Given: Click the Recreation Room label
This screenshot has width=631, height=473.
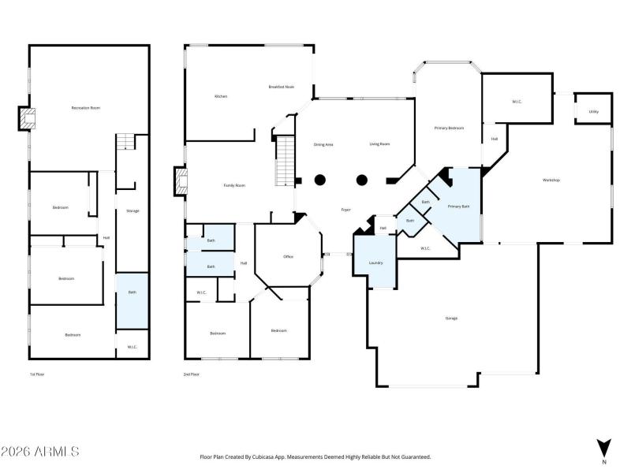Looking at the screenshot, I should tap(86, 107).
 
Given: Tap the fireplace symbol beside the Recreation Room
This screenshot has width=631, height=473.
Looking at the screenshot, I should tap(28, 119).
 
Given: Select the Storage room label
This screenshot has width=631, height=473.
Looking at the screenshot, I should tap(133, 210).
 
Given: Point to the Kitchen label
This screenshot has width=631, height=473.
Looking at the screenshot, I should tap(221, 96).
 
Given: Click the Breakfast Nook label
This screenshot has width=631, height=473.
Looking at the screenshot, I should tap(281, 87).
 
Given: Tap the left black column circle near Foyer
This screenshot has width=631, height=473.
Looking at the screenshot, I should tap(320, 180).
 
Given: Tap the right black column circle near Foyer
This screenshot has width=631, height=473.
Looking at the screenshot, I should tap(361, 180).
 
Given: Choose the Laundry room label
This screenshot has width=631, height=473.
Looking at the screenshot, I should tap(375, 263).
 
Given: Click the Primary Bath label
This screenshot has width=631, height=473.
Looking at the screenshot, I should tap(458, 207).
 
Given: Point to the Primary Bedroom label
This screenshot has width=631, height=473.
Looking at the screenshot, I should tap(449, 128).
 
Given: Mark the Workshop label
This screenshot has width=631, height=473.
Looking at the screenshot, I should tap(551, 181).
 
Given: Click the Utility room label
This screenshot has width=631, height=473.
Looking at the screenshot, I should tap(593, 112).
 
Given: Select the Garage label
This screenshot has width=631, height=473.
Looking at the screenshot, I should tap(451, 318).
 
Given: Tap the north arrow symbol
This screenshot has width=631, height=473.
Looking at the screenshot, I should tap(604, 446).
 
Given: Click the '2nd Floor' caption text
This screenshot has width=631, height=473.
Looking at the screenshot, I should tap(192, 374).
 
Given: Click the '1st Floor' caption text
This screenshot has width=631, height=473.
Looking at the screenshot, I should tap(36, 374).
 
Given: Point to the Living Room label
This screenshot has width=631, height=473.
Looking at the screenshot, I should tap(379, 144).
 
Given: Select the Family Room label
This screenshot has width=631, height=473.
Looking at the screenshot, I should tap(234, 185).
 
